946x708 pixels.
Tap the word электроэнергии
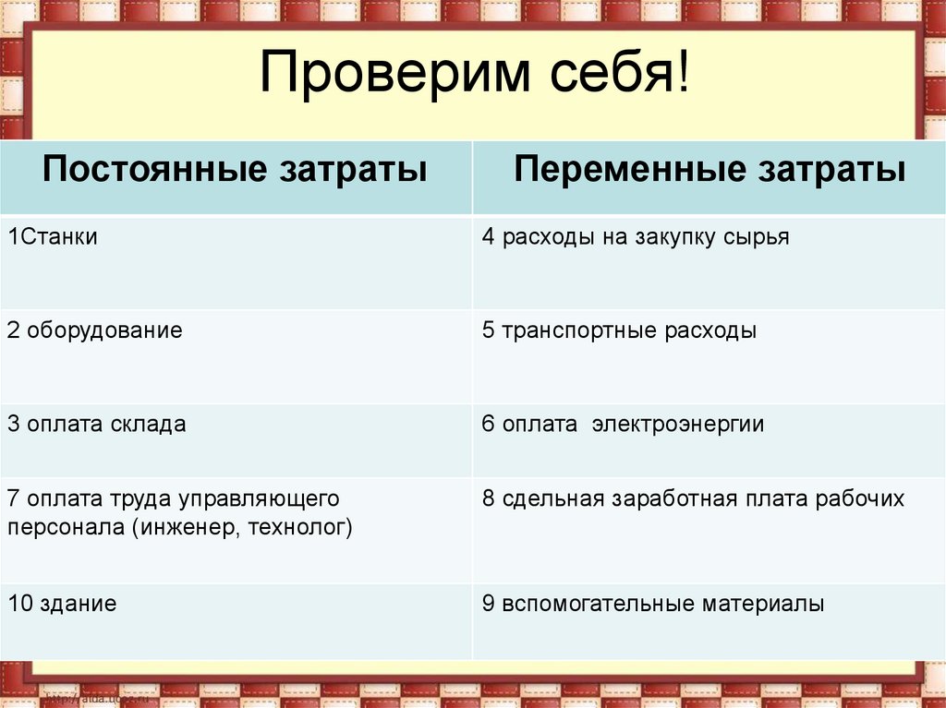point(678,425)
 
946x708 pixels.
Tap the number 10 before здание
point(18,605)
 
